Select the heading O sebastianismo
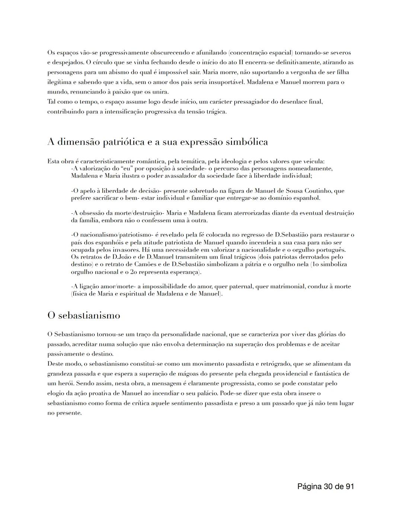84,315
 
